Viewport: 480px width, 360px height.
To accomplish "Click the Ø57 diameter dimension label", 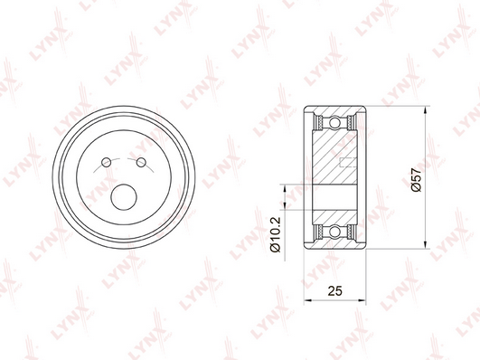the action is (417, 180).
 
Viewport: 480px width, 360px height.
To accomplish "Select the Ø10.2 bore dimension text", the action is (276, 234).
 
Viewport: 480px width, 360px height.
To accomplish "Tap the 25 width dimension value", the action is (334, 290).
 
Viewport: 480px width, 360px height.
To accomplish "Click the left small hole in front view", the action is (107, 162).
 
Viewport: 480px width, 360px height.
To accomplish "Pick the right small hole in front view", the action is (141, 162).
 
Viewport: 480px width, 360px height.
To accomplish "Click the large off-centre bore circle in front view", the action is (123, 197).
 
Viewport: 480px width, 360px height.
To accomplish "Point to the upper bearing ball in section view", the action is (334, 123).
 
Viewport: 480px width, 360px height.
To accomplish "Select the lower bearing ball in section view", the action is (334, 231).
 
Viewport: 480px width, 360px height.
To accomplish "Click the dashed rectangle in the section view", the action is (349, 163).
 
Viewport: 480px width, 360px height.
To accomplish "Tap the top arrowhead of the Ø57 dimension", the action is (425, 110).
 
